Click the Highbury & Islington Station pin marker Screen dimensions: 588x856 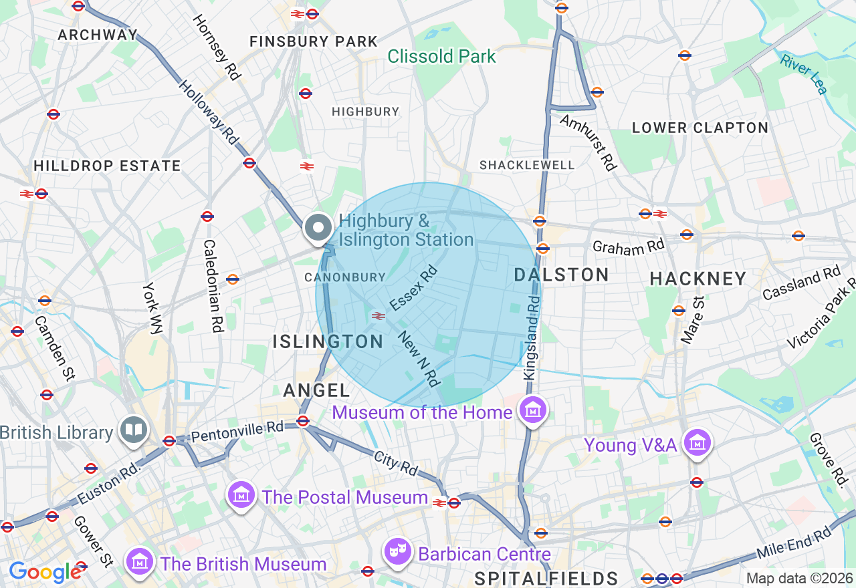point(318,229)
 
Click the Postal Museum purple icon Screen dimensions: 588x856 point(241,496)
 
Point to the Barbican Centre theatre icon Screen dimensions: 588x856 point(398,553)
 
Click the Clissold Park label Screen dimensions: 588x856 point(441,56)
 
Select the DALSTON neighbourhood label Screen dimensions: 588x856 point(561,275)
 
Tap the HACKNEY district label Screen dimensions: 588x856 point(698,279)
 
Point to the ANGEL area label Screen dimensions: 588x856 point(316,391)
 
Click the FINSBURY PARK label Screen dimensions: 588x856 point(314,41)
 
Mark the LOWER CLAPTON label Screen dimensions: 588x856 point(700,128)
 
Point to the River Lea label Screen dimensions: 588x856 point(804,73)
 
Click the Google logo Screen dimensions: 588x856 point(45,572)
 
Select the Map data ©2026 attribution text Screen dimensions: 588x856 point(798,579)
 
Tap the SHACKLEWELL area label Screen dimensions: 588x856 point(527,164)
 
